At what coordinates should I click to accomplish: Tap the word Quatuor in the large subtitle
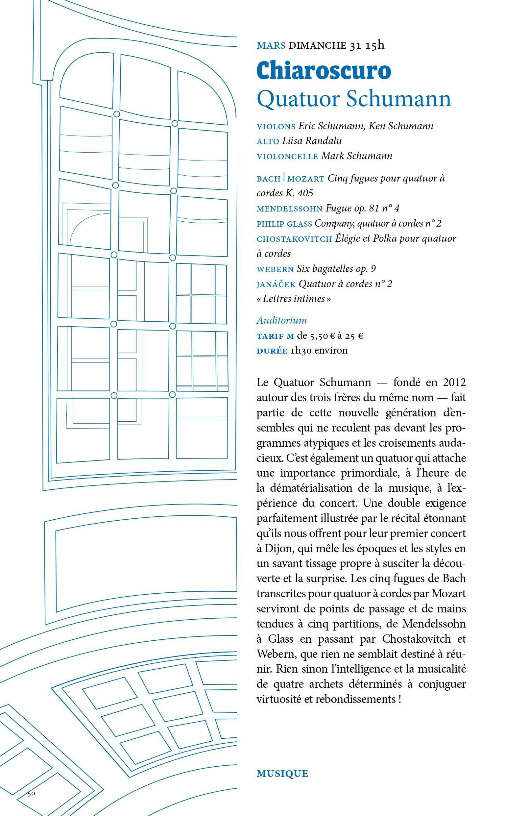(x=297, y=99)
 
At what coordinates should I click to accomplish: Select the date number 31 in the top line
(x=355, y=45)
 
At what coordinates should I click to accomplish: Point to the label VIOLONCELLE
(x=287, y=157)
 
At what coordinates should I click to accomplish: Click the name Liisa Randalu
(x=312, y=141)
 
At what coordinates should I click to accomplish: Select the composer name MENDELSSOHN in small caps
(x=290, y=209)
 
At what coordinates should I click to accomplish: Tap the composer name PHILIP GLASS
(x=284, y=224)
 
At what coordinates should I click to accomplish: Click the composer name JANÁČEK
(x=276, y=284)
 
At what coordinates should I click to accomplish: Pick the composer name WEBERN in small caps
(x=275, y=269)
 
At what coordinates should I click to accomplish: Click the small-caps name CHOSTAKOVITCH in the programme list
(x=294, y=239)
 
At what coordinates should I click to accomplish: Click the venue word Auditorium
(x=281, y=321)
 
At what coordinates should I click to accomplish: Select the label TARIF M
(x=275, y=336)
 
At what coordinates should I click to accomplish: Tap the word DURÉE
(x=272, y=351)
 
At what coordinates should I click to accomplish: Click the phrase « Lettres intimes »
(x=294, y=299)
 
